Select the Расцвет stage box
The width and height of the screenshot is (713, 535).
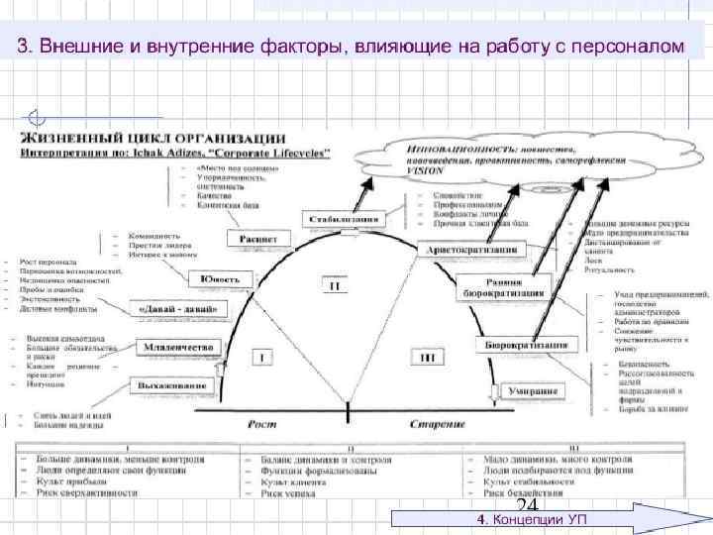click(259, 239)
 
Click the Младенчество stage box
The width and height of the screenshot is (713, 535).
click(175, 348)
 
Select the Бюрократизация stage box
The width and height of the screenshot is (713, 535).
click(527, 345)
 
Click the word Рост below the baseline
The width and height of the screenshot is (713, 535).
click(262, 424)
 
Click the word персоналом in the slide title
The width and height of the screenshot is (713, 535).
click(632, 47)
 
